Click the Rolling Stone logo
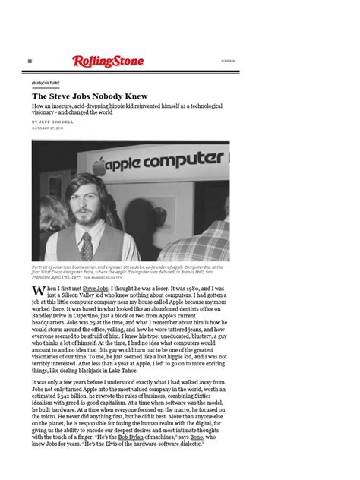108,61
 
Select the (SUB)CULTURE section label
46,82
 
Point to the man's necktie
87,245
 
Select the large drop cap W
38,295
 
